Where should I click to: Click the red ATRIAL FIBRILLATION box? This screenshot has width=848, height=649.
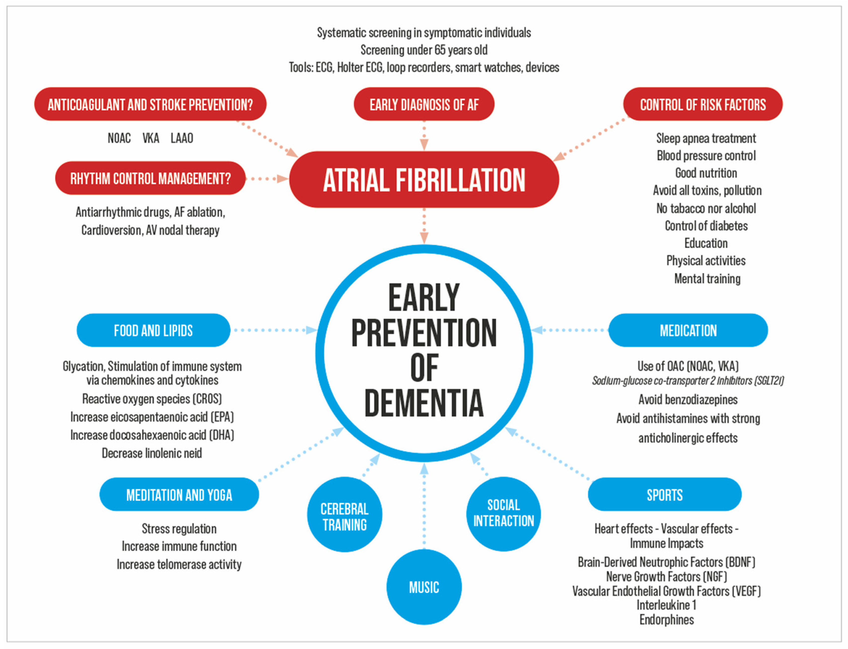424,180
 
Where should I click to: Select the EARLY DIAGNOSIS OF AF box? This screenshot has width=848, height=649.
424,104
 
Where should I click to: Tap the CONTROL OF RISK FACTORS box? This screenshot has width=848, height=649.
702,104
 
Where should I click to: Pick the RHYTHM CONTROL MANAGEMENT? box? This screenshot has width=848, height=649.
150,178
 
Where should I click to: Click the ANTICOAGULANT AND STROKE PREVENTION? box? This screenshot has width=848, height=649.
150,104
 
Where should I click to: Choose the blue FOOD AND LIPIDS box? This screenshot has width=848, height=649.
153,330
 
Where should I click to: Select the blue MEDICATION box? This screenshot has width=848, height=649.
688,330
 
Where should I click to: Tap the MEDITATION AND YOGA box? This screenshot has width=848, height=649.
179,495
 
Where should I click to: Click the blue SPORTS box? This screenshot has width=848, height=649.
665,495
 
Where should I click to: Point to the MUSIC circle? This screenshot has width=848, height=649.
424,587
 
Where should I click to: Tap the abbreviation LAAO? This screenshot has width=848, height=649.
181,138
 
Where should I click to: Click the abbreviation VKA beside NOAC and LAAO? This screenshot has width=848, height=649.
151,138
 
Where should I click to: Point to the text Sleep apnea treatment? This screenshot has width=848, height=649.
706,138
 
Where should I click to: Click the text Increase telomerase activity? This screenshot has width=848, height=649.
179,564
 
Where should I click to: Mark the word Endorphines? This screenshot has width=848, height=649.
667,620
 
